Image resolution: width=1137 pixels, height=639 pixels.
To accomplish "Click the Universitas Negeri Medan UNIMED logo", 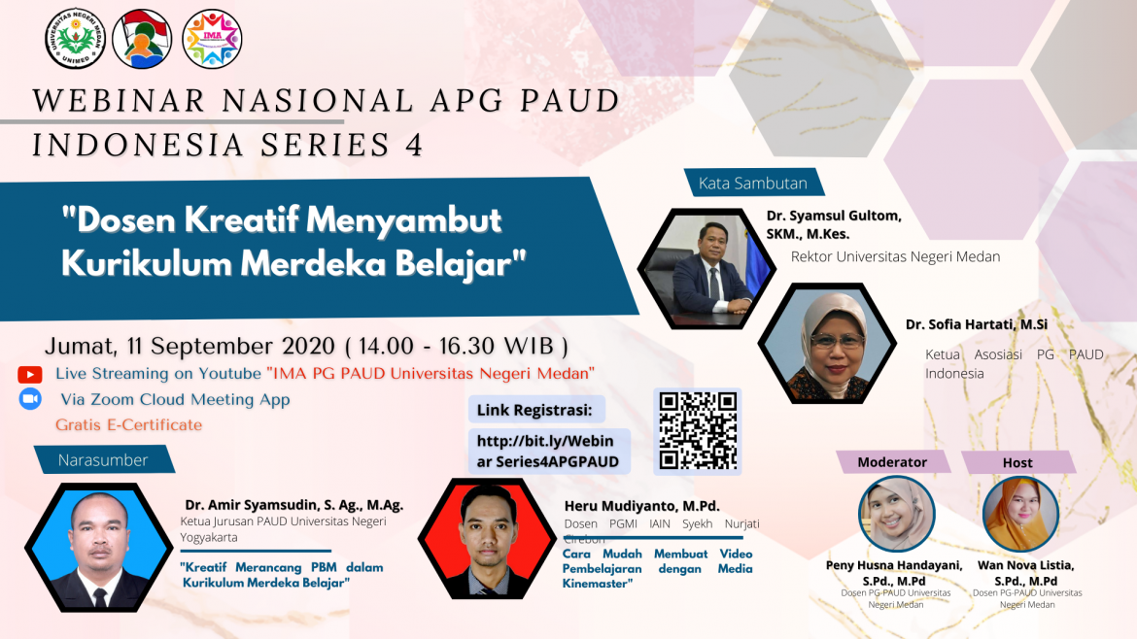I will pyautogui.click(x=75, y=38).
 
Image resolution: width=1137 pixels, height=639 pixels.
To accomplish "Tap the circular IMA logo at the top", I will pyautogui.click(x=212, y=38).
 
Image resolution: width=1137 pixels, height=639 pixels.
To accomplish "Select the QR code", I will pyautogui.click(x=697, y=431).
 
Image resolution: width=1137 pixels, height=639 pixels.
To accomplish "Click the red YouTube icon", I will pyautogui.click(x=29, y=374).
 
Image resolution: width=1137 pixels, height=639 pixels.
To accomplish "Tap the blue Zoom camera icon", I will pyautogui.click(x=29, y=399).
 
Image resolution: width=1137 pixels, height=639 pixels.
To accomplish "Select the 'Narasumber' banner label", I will pyautogui.click(x=103, y=459).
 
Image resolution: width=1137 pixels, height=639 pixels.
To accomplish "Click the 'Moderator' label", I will pyautogui.click(x=892, y=462).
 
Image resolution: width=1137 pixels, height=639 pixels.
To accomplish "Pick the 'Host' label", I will pyautogui.click(x=1017, y=462).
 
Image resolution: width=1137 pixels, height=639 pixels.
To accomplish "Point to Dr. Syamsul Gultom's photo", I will pyautogui.click(x=700, y=271).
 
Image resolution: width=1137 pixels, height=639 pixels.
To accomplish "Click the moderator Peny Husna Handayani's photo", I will pyautogui.click(x=896, y=515).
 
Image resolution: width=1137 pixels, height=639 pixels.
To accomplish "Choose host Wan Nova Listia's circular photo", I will pyautogui.click(x=1020, y=515).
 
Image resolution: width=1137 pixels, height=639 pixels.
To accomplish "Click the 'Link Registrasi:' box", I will pyautogui.click(x=537, y=408).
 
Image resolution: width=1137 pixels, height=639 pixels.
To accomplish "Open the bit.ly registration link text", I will pyautogui.click(x=547, y=451).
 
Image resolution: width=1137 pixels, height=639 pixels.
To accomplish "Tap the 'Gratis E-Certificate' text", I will pyautogui.click(x=128, y=424).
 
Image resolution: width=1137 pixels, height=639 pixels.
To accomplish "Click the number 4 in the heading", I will pyautogui.click(x=412, y=145).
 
